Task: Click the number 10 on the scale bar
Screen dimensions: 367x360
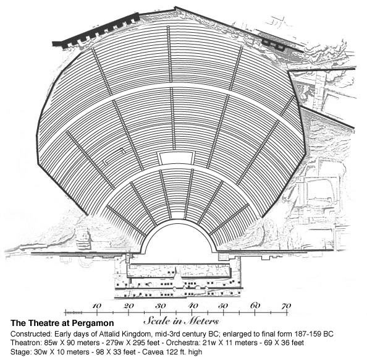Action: click(96, 306)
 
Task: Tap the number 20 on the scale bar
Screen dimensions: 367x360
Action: click(129, 306)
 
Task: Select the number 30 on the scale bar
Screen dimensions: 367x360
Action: click(161, 306)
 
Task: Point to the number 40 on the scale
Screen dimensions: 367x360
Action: click(193, 306)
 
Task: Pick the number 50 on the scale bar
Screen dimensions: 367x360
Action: click(223, 306)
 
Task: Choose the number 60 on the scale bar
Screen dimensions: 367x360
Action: click(255, 306)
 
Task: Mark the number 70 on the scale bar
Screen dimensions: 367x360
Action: click(286, 306)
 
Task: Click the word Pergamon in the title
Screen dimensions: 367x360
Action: click(93, 324)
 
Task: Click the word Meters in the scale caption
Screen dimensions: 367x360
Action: click(201, 320)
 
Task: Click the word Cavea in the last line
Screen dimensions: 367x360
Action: click(151, 352)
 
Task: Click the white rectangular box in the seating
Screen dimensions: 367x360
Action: click(175, 158)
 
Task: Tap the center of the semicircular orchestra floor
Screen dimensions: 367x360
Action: click(179, 238)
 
